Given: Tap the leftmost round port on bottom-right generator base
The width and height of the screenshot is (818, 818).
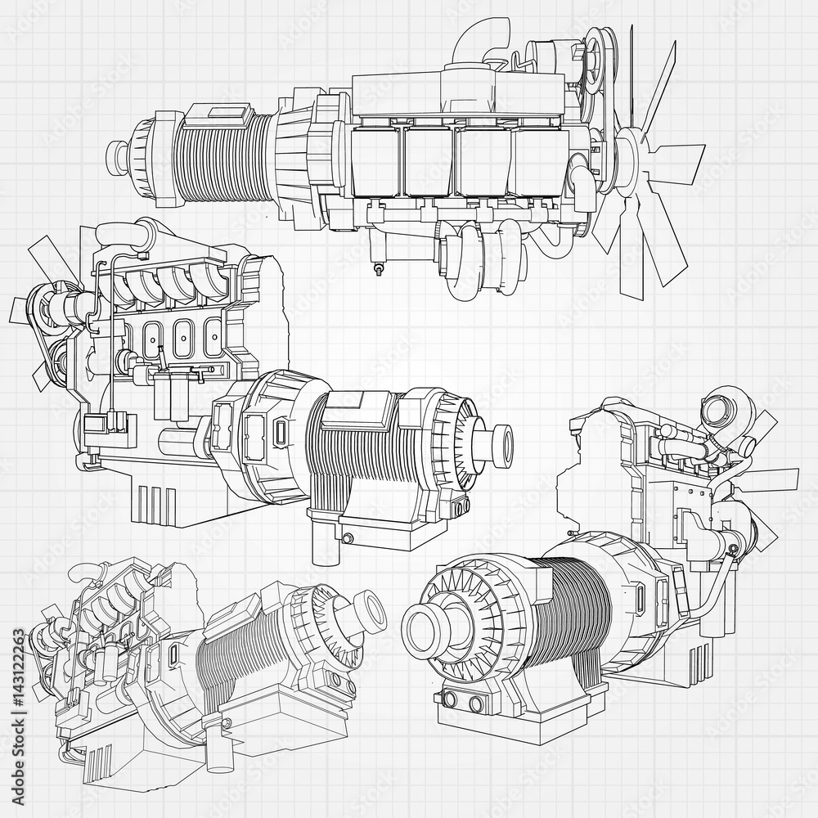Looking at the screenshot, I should tap(448, 696).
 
